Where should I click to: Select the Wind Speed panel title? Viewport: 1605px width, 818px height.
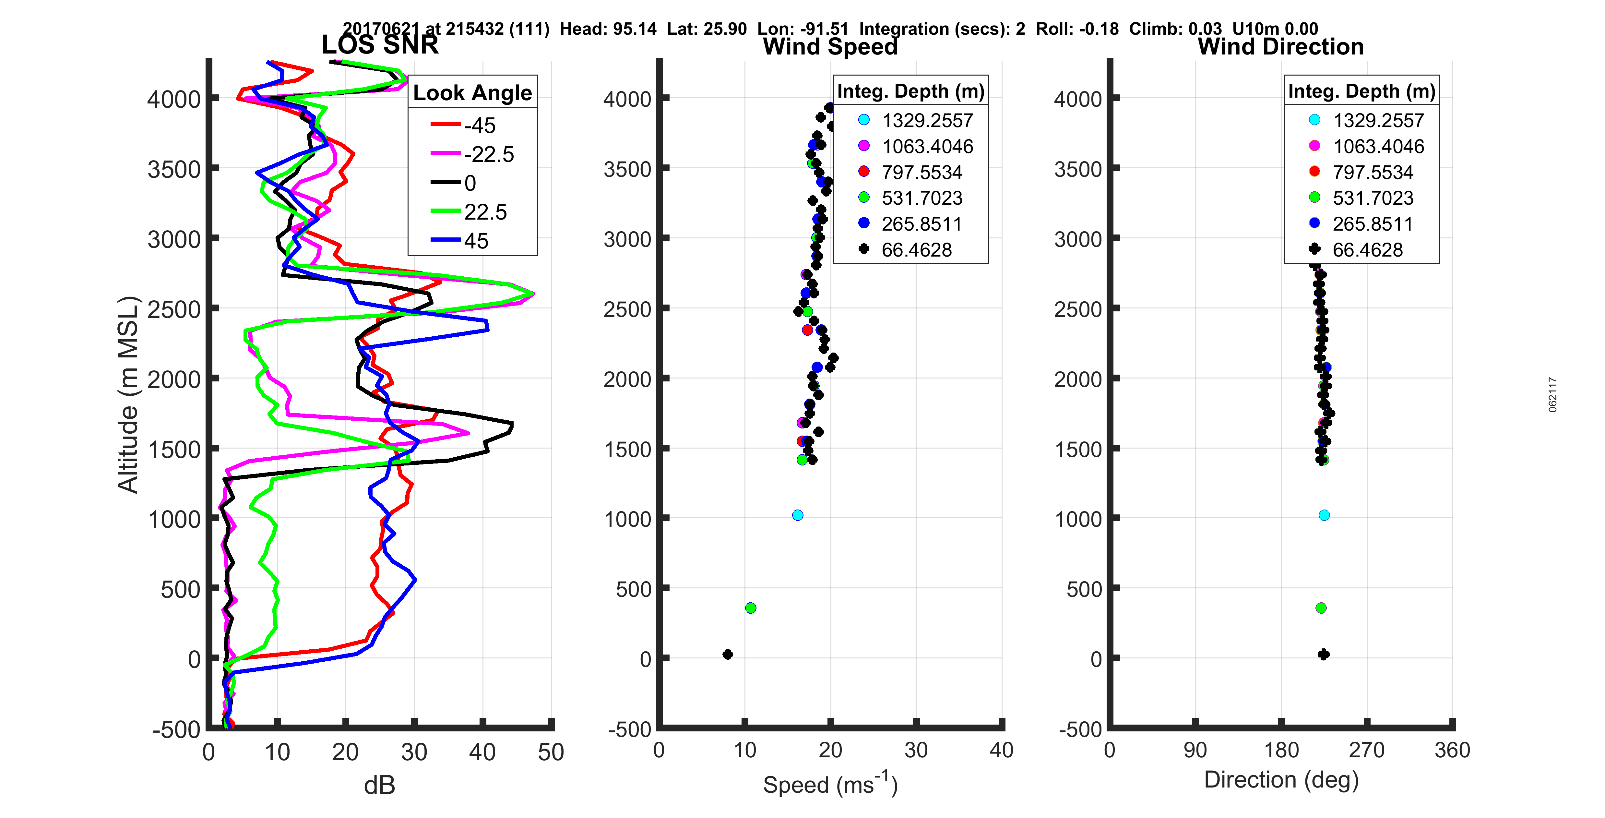tap(830, 47)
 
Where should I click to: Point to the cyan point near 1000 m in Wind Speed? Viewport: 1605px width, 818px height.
tap(798, 515)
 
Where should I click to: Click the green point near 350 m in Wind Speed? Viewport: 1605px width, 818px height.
tap(751, 608)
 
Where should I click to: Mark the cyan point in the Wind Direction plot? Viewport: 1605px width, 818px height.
tap(1324, 515)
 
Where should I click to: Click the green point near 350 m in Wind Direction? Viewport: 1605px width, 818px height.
tap(1321, 608)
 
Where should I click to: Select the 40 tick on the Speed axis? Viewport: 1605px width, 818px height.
tap(1001, 750)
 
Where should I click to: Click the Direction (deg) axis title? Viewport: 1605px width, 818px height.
tap(1281, 780)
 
